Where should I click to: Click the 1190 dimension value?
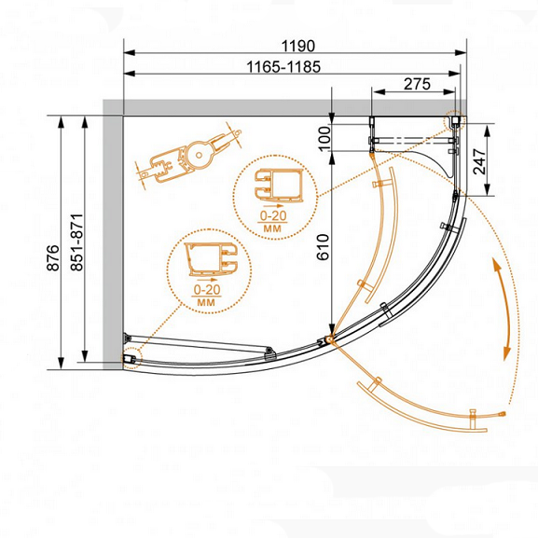pyautogui.click(x=297, y=46)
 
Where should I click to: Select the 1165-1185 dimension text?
pyautogui.click(x=283, y=67)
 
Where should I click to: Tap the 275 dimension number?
pyautogui.click(x=417, y=84)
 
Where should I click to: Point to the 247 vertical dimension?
pyautogui.click(x=479, y=161)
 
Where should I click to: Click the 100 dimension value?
pyautogui.click(x=324, y=139)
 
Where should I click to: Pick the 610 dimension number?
pyautogui.click(x=323, y=247)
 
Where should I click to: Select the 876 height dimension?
pyautogui.click(x=53, y=257)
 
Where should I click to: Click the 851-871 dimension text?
pyautogui.click(x=76, y=242)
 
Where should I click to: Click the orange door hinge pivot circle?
pyautogui.click(x=329, y=339)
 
